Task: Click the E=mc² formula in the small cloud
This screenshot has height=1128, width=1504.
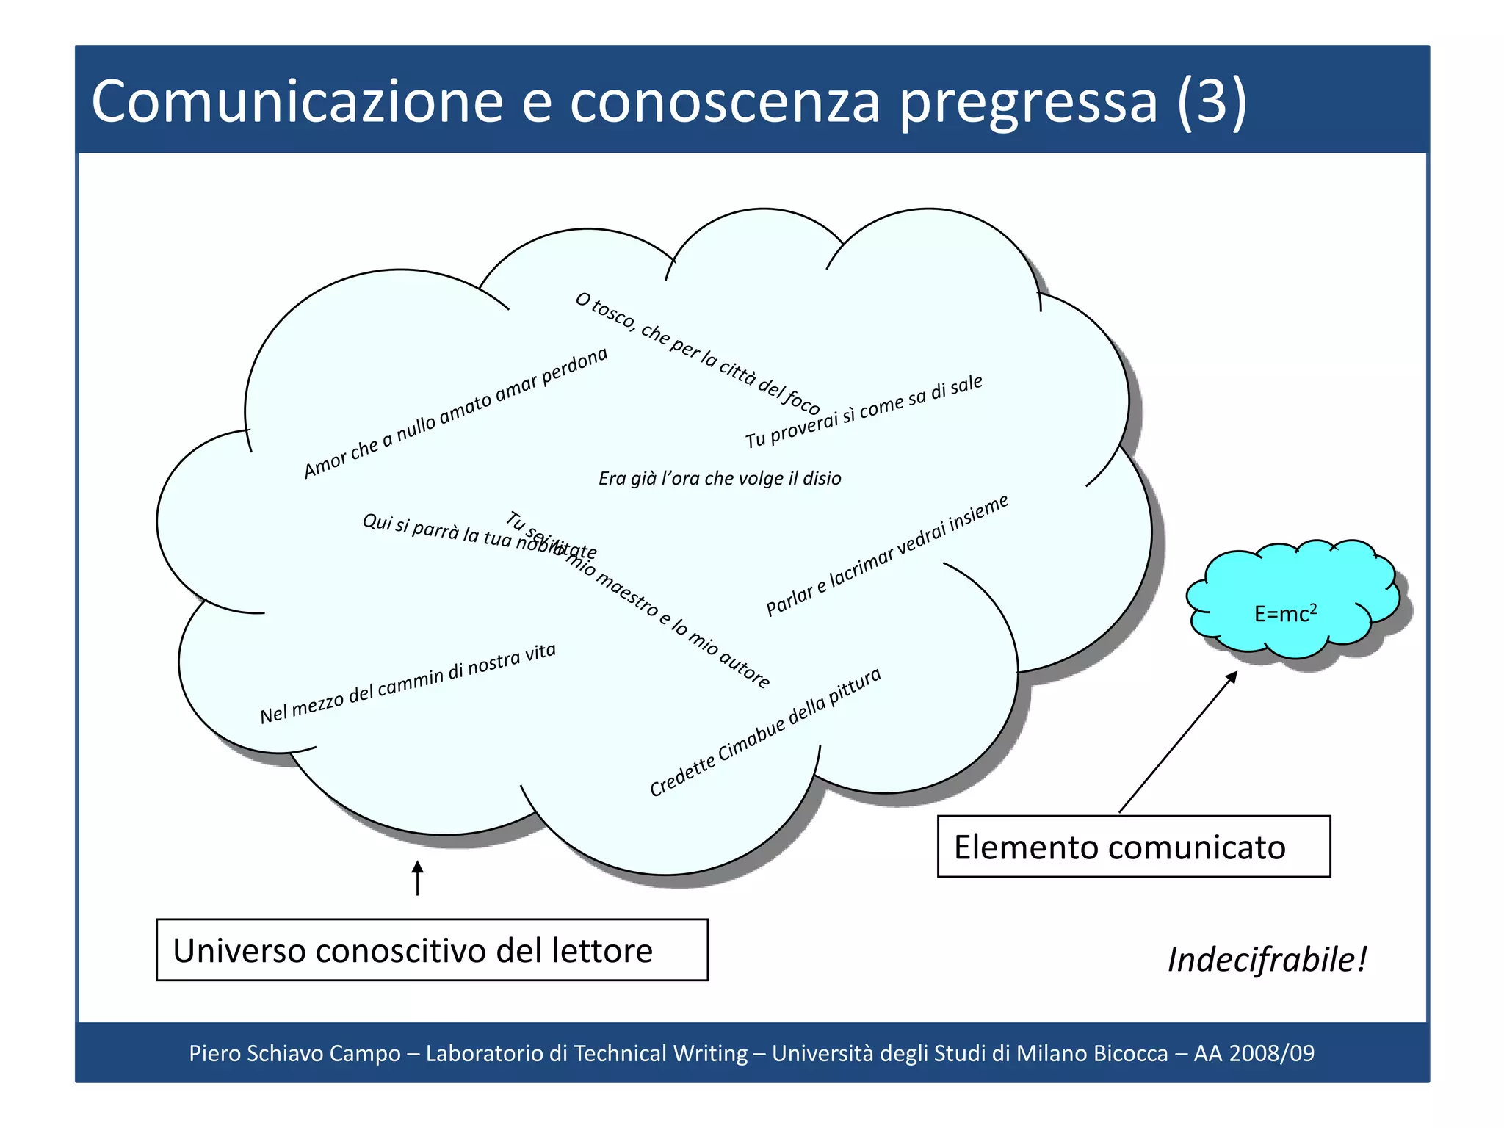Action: [x=1285, y=613]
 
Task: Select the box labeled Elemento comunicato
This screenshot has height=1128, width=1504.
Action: [x=1133, y=847]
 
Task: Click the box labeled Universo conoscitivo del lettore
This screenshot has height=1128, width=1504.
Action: [x=432, y=950]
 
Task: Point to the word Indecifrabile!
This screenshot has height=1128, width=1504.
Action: [x=1267, y=960]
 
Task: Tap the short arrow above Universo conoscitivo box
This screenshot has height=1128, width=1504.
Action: [x=417, y=878]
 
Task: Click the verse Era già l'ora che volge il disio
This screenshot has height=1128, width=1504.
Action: [x=720, y=479]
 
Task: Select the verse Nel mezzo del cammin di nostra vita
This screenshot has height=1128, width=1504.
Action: [x=408, y=684]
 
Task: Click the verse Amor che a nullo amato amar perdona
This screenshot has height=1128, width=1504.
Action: [x=455, y=413]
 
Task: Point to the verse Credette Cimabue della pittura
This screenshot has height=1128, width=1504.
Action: [x=764, y=732]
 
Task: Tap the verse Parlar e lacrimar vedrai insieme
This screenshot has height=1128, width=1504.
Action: [x=887, y=555]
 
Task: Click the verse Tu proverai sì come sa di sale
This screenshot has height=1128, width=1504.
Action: [x=864, y=411]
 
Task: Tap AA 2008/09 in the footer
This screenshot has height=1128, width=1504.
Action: [x=1254, y=1053]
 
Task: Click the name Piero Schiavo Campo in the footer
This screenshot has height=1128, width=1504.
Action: [x=294, y=1053]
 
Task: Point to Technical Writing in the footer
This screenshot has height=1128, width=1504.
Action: [x=660, y=1053]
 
